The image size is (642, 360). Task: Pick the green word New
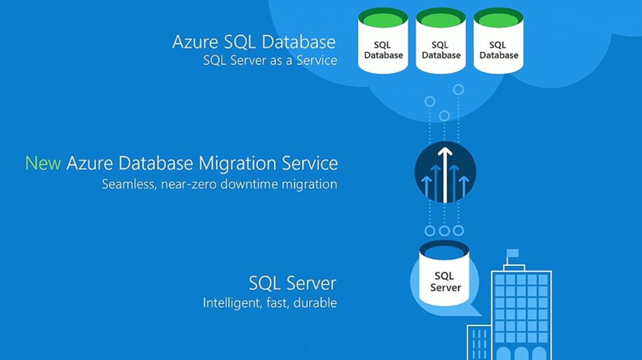pos(43,164)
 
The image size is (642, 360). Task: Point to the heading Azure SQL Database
pos(253,43)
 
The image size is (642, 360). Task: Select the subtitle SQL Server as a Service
pos(270,61)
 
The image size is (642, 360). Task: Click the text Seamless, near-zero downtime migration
pos(219,184)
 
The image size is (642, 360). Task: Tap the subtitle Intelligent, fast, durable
pos(270,303)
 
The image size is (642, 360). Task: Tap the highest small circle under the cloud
pos(458,90)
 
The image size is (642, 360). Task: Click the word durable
pos(317,303)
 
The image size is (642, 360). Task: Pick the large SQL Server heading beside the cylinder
pos(292,283)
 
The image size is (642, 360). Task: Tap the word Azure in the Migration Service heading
pos(88,164)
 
